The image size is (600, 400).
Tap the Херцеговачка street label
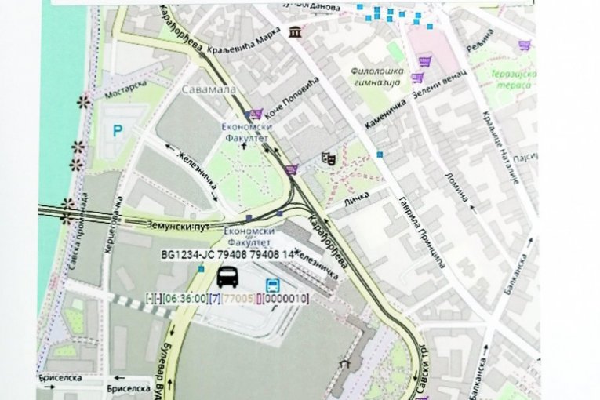click(x=111, y=226)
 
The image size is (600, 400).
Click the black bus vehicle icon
click(x=227, y=276)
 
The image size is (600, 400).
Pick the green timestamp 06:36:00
click(x=188, y=298)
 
